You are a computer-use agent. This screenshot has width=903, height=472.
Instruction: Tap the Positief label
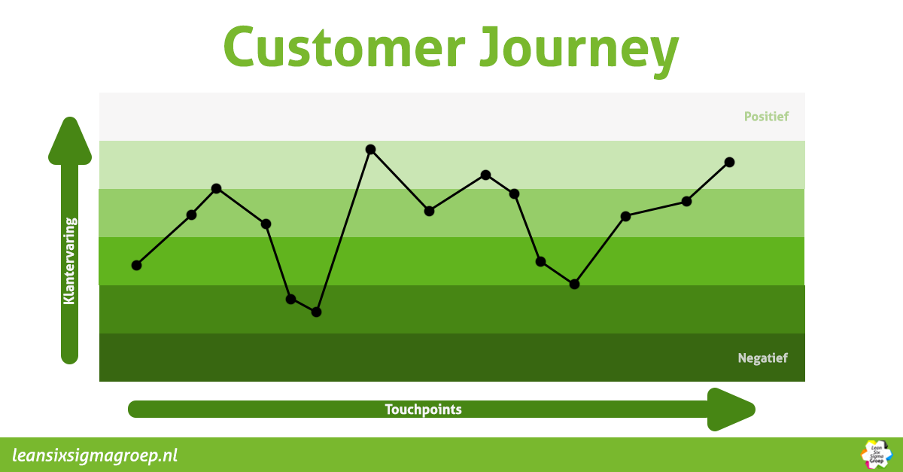click(x=766, y=117)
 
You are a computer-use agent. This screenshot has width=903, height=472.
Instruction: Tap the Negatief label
click(x=763, y=358)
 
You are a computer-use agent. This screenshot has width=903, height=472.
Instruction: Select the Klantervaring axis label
click(x=69, y=260)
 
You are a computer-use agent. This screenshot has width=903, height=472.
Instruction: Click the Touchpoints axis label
click(x=423, y=410)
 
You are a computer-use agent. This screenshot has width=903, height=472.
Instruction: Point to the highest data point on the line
click(x=370, y=149)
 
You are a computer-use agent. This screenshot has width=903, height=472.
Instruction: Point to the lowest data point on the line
click(x=316, y=312)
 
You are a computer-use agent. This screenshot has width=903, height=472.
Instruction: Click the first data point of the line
click(x=136, y=265)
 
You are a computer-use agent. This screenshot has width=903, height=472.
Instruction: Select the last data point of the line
click(x=729, y=162)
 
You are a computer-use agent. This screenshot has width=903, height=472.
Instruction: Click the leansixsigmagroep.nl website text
click(x=96, y=455)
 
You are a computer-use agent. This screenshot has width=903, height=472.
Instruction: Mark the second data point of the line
click(x=191, y=215)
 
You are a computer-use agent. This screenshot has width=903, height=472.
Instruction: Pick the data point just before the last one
click(x=686, y=201)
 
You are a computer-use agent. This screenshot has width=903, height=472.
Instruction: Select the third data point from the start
click(x=216, y=188)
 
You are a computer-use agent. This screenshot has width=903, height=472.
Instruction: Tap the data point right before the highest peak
click(x=316, y=312)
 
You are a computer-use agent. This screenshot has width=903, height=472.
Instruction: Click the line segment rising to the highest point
click(x=343, y=230)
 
